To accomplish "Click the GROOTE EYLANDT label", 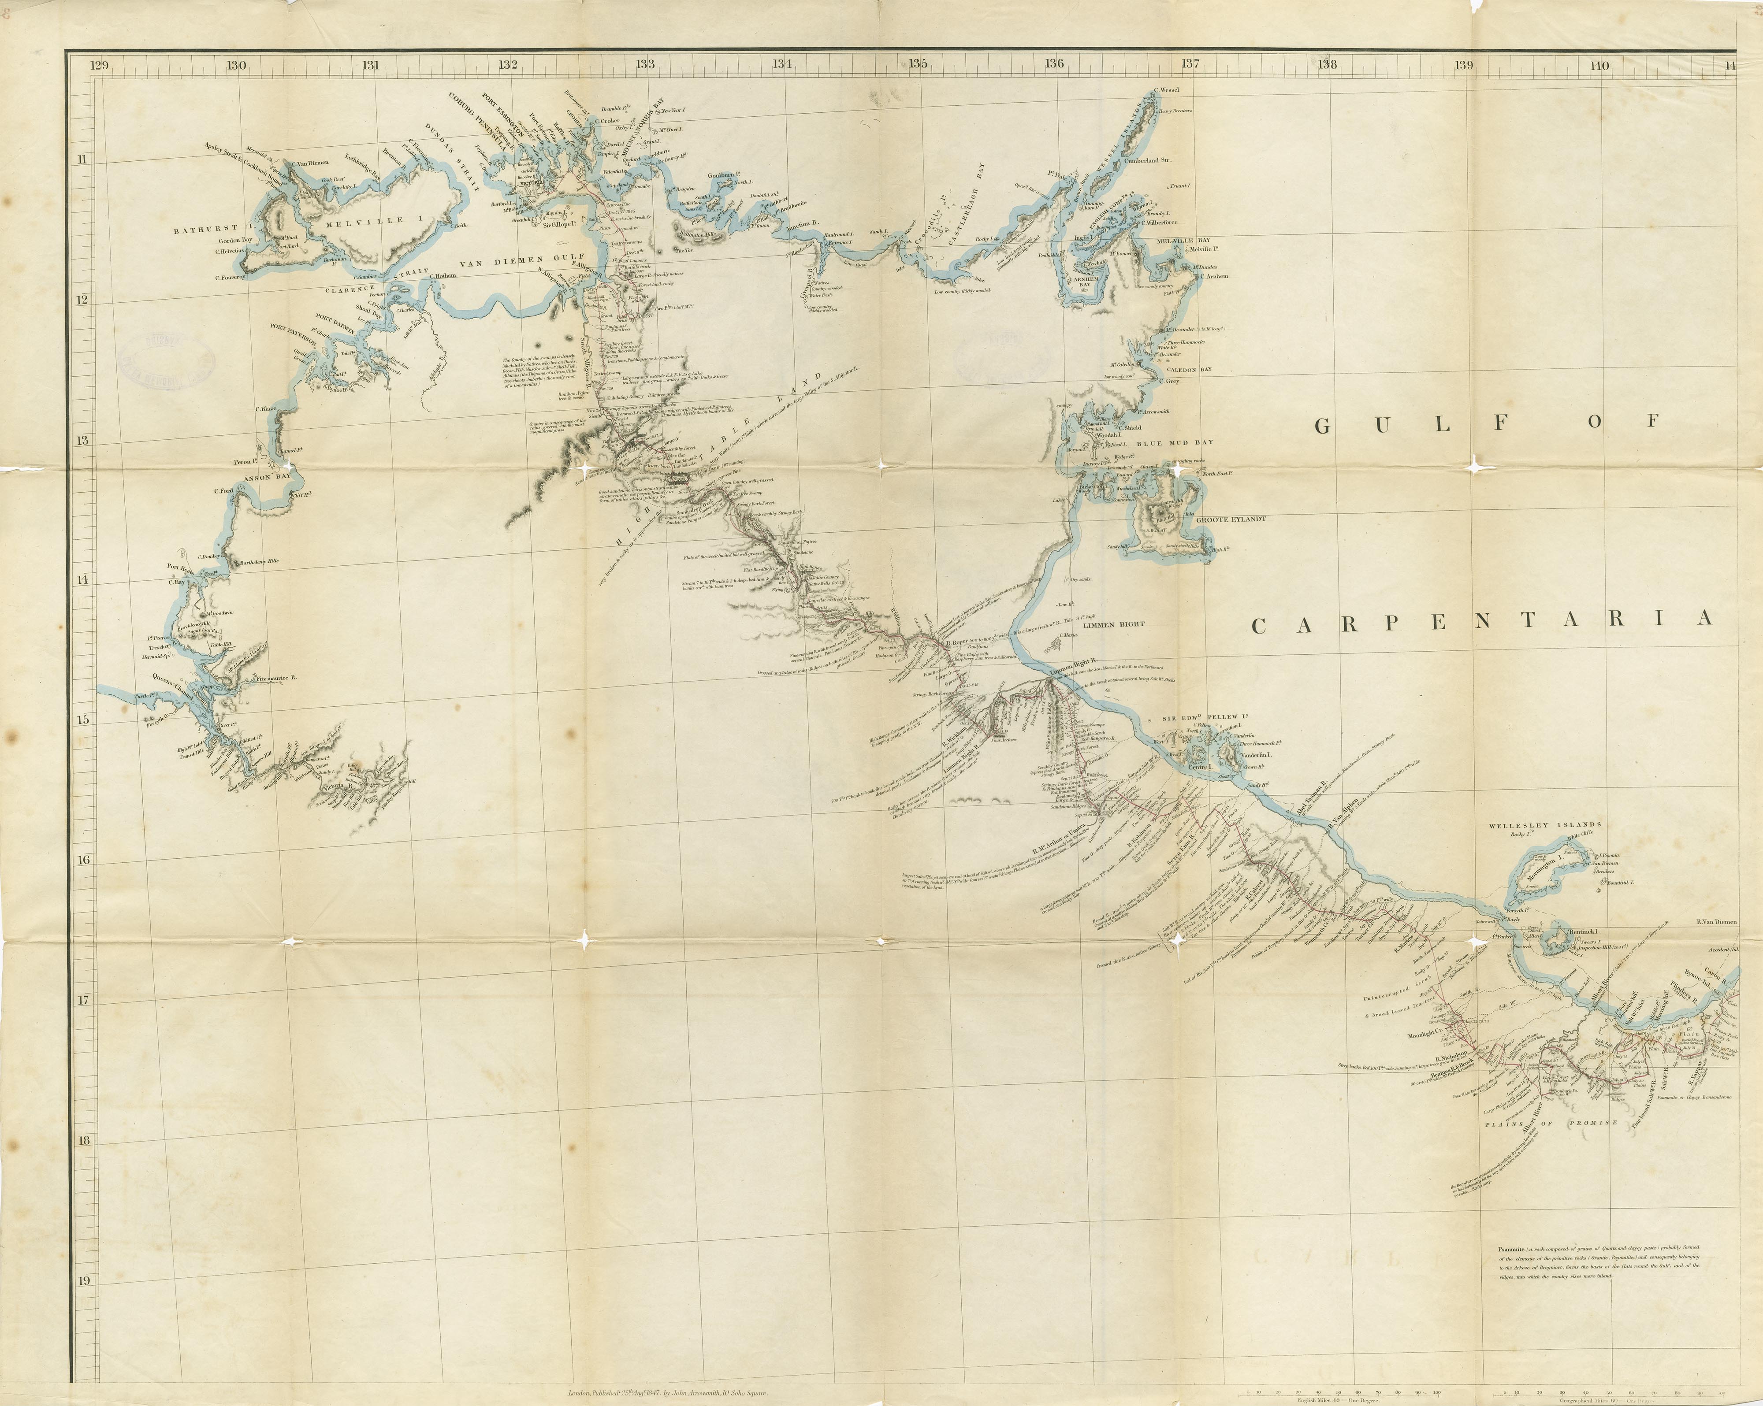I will click(1231, 519).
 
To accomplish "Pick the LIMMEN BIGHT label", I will click(1113, 624).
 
